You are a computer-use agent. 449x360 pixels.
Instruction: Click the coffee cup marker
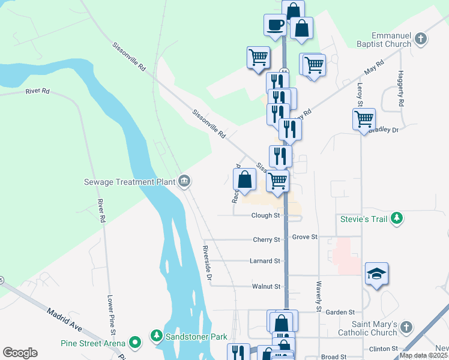[275, 25]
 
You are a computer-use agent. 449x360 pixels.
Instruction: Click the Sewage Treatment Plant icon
[184, 181]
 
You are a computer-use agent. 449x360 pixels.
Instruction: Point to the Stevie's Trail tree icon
[396, 219]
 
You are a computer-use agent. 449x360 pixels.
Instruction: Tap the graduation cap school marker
[376, 274]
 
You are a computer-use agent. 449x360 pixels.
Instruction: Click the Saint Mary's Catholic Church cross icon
[406, 328]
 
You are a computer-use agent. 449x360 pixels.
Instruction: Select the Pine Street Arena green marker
[136, 343]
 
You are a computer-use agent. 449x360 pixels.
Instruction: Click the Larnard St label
[265, 261]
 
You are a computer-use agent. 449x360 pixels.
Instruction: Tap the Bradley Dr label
[384, 130]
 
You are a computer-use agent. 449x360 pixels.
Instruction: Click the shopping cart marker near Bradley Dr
[364, 119]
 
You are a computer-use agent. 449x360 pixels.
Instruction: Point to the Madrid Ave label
[64, 320]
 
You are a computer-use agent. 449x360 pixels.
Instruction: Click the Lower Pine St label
[110, 314]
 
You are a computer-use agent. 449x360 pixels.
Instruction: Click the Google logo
[20, 353]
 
